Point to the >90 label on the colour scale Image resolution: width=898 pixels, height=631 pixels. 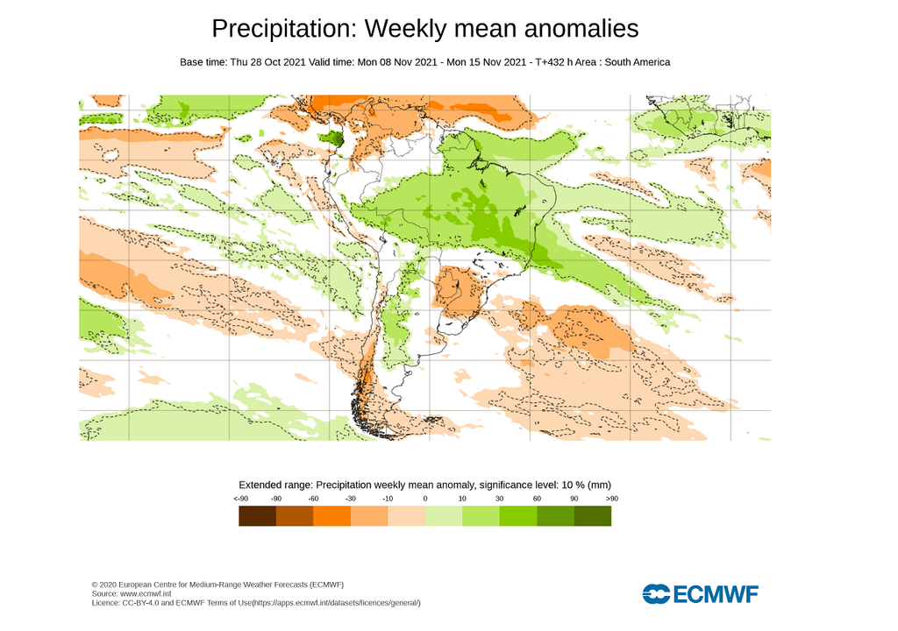(x=611, y=498)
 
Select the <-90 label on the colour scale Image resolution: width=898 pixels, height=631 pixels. (x=239, y=498)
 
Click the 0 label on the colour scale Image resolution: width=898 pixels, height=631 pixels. (x=425, y=498)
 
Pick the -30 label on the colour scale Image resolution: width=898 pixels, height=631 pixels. (x=351, y=498)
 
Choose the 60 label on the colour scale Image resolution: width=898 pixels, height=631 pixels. (x=537, y=498)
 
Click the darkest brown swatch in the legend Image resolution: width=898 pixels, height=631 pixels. (x=257, y=516)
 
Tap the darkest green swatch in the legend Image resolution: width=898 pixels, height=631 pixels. (x=593, y=516)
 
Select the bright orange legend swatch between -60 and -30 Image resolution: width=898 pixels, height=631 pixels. (x=331, y=516)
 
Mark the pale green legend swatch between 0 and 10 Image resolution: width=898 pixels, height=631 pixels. (x=444, y=516)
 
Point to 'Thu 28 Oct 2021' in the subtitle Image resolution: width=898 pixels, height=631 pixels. (x=267, y=62)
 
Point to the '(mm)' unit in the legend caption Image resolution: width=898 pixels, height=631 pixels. (x=600, y=485)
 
